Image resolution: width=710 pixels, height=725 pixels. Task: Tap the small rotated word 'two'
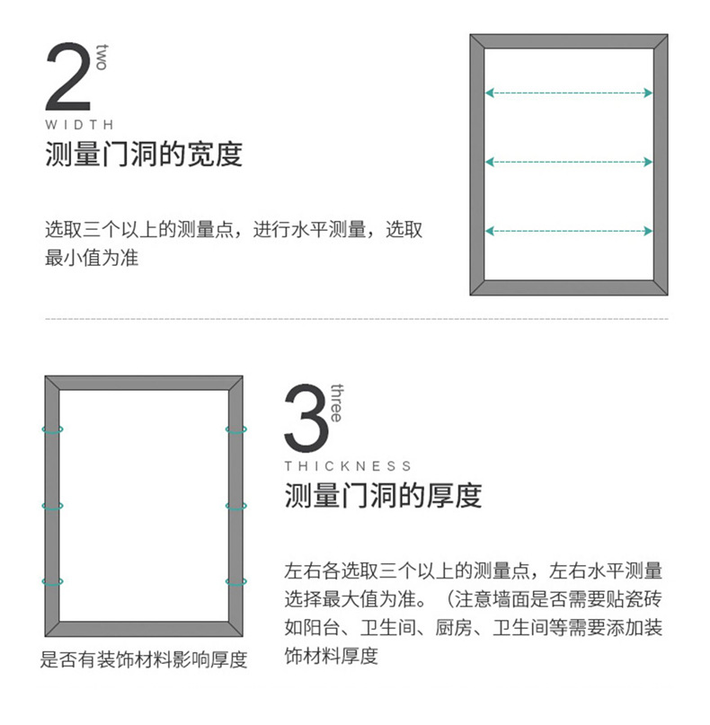[x=102, y=57]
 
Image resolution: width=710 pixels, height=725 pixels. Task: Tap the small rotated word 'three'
[x=336, y=403]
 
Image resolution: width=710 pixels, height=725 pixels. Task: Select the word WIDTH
[x=79, y=125]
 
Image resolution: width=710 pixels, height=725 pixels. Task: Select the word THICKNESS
[x=348, y=466]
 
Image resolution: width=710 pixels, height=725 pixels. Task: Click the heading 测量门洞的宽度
[x=144, y=154]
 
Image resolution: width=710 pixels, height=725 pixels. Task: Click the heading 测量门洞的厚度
[x=383, y=495]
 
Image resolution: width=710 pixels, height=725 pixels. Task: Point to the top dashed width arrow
[x=569, y=93]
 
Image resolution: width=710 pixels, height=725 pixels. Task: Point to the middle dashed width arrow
[x=569, y=162]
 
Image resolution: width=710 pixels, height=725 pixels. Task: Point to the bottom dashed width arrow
[x=569, y=231]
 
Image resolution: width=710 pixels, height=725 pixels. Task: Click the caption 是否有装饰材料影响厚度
[x=144, y=659]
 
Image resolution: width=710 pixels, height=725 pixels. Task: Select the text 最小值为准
[x=92, y=258]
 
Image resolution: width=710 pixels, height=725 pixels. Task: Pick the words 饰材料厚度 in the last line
[x=331, y=656]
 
